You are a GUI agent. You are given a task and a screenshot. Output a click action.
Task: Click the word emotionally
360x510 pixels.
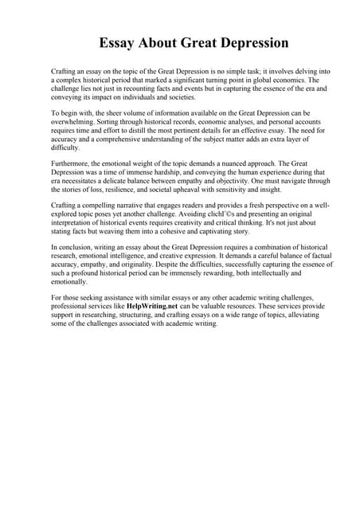tap(70, 281)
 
